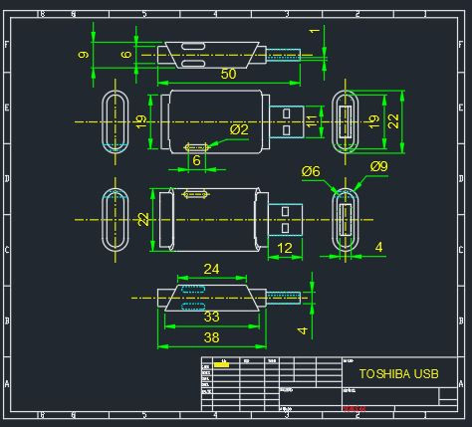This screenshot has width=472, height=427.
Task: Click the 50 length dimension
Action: [x=228, y=75]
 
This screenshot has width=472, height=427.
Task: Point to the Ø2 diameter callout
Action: [x=239, y=129]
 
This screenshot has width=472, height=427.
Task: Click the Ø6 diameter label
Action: [x=311, y=171]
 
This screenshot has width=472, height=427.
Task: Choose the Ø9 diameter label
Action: [x=378, y=166]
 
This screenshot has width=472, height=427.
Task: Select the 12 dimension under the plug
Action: [x=285, y=247]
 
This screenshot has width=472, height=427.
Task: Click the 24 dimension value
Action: [x=211, y=269]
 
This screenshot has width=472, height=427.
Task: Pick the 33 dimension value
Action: [x=211, y=317]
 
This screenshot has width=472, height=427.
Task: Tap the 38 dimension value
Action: [x=211, y=337]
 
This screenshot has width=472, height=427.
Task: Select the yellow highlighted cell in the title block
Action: [x=221, y=365]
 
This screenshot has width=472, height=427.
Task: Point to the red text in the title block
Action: [x=354, y=408]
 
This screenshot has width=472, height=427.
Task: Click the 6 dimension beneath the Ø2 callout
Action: [x=196, y=159]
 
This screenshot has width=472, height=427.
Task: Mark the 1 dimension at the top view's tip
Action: [x=315, y=32]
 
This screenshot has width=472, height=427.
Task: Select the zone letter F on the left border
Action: [x=7, y=46]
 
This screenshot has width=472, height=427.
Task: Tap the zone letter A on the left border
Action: [x=7, y=383]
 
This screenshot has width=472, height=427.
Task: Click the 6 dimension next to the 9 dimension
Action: [x=126, y=55]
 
